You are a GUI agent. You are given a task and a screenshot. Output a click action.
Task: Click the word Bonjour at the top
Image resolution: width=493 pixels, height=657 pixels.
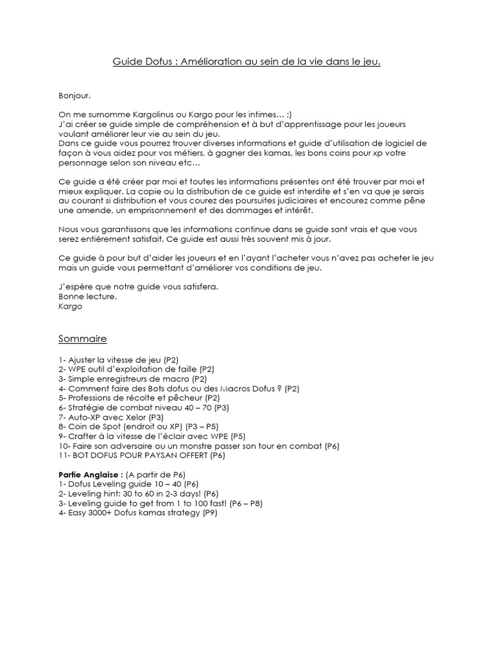tap(74, 96)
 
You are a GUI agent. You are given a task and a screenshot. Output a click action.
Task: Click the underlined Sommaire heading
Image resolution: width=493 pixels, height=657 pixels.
tap(83, 338)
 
